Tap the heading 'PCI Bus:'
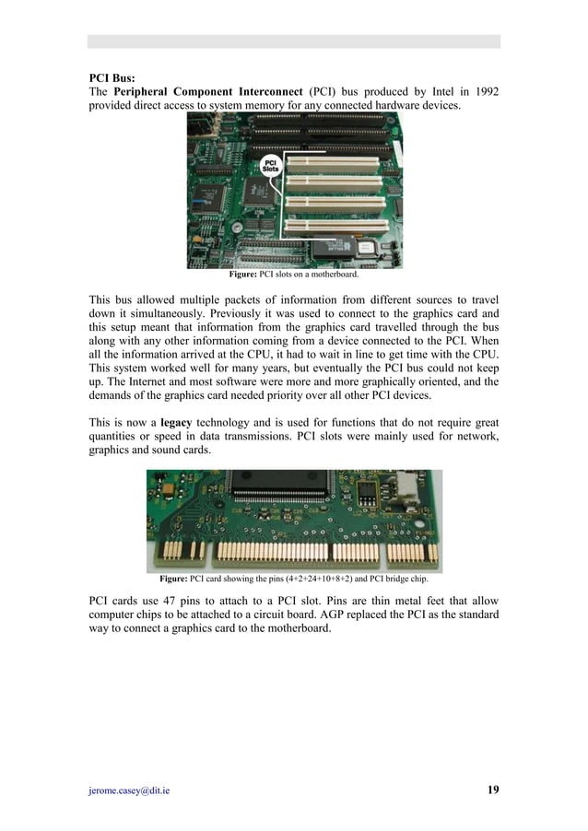click(111, 79)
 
